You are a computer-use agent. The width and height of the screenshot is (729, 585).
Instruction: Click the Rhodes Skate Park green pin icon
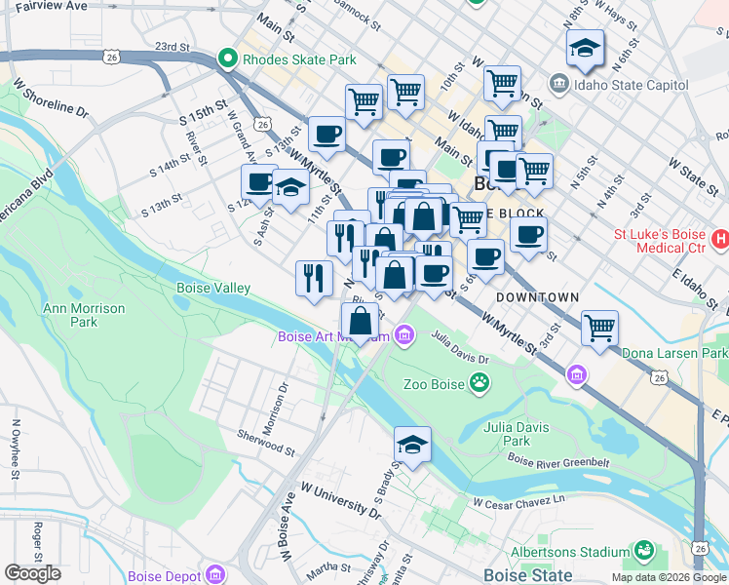(x=229, y=59)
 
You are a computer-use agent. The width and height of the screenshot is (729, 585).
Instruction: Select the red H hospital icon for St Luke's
(x=720, y=239)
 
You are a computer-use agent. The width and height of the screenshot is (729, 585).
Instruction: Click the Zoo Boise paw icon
(x=479, y=383)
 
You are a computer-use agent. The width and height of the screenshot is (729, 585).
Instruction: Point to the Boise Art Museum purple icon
(x=403, y=337)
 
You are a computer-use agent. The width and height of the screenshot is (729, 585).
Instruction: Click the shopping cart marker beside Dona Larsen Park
(x=599, y=327)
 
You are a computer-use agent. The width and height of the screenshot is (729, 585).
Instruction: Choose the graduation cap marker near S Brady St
(x=412, y=445)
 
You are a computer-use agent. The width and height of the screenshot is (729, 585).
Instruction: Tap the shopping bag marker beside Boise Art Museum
(x=360, y=320)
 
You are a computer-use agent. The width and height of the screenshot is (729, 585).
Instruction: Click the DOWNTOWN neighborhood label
(x=537, y=296)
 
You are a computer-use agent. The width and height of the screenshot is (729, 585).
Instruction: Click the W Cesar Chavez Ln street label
(x=518, y=502)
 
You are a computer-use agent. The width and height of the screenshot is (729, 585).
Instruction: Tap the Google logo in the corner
(x=32, y=573)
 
